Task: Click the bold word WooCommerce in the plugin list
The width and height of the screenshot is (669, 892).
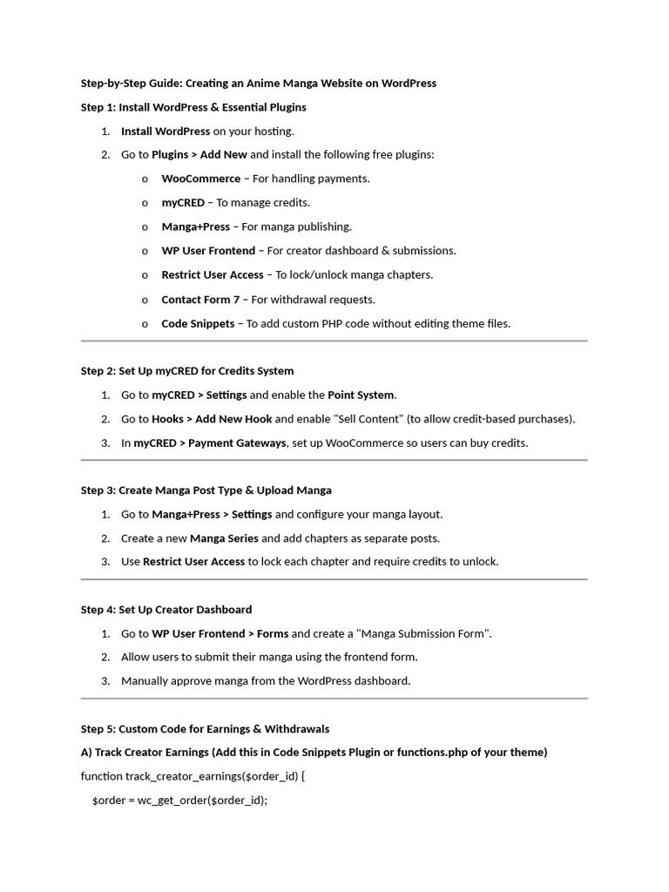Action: coord(200,179)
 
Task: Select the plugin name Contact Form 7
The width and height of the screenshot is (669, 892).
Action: coord(200,300)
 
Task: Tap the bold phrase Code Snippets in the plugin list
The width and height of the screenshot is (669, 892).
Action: coord(198,324)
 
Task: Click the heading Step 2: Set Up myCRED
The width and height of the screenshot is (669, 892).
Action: coord(187,371)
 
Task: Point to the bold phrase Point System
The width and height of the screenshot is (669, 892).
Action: coord(361,395)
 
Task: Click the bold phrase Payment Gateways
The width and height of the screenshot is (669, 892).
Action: coord(237,443)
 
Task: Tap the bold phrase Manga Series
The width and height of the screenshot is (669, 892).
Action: coord(224,538)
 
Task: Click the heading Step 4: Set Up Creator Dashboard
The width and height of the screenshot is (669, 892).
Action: coord(166,610)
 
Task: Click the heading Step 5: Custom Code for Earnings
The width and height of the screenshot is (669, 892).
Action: coord(205,729)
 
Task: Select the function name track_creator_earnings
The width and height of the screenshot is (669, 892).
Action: coord(180,776)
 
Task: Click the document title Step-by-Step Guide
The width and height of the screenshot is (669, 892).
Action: coord(259,84)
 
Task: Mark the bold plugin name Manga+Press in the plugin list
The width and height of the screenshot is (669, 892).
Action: coord(195,227)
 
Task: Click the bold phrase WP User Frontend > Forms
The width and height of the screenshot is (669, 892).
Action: coord(220,634)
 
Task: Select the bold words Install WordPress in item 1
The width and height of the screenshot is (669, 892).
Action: coord(166,132)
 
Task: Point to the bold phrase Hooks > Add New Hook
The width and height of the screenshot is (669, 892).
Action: coord(212,419)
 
